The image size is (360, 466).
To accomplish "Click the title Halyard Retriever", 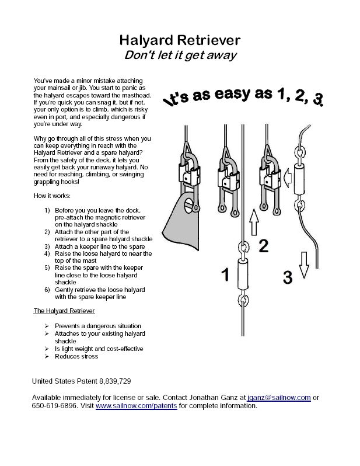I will click(x=180, y=40).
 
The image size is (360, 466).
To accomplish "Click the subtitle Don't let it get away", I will click(x=180, y=55).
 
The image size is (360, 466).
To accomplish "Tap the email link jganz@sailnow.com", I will click(x=279, y=397).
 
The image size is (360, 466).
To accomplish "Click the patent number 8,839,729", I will click(x=110, y=381).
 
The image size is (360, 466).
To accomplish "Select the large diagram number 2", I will click(x=263, y=246).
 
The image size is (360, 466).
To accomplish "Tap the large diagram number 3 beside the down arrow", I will click(x=287, y=278).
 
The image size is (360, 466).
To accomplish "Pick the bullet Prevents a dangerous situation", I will click(x=98, y=326).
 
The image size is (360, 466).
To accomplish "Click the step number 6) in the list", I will click(x=48, y=290).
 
